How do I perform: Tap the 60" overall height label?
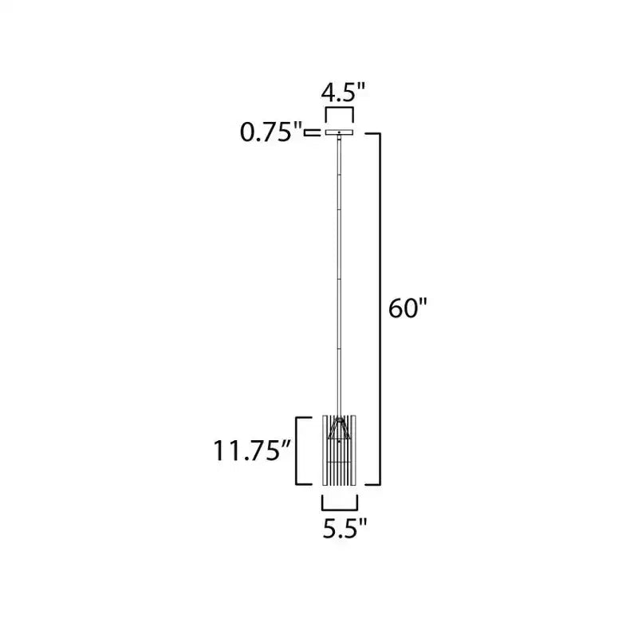click(408, 308)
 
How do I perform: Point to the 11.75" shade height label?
click(252, 451)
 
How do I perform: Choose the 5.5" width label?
click(345, 529)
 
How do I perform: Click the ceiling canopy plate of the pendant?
click(340, 132)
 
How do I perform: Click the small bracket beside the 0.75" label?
click(313, 132)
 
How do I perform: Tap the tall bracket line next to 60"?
click(380, 309)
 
